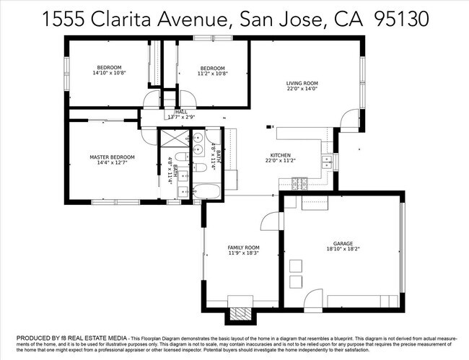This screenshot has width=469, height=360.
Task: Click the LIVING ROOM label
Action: click(x=302, y=83)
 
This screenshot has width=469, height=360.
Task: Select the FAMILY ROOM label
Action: click(x=243, y=247)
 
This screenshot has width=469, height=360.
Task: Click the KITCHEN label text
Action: click(x=280, y=155)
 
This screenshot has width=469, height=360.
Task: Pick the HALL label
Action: click(x=180, y=112)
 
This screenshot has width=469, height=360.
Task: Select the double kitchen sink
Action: click(x=327, y=161)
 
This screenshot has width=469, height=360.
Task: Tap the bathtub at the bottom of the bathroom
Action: click(x=208, y=192)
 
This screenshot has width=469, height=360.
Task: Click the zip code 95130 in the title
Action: click(x=401, y=20)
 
